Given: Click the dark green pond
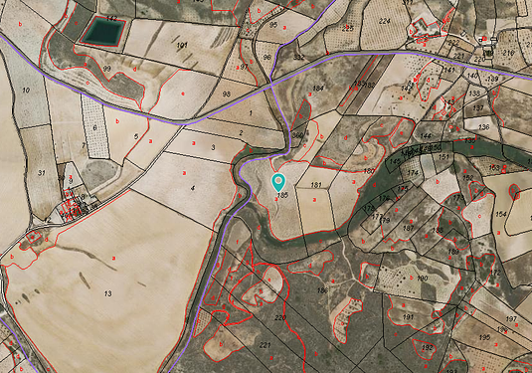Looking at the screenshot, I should tap(101, 32).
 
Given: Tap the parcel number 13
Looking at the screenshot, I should tap(106, 293).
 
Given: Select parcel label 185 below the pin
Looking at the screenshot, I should tap(282, 196).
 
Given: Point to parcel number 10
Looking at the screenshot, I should tap(24, 91).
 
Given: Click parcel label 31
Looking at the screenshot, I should tap(41, 172).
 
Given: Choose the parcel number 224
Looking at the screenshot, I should tap(385, 19).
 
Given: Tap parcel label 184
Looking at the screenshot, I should tap(318, 89).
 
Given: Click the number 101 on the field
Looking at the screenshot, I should tap(182, 47).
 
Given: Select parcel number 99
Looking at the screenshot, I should tap(106, 68).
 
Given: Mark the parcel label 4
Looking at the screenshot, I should tap(193, 186).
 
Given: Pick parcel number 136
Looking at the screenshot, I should tap(483, 127).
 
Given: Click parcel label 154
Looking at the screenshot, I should tap(501, 214).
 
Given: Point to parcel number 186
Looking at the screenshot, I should tap(321, 290).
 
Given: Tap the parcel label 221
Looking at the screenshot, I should tap(265, 345).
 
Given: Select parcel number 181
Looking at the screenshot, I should tap(316, 185).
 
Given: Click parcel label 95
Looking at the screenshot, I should tap(273, 23).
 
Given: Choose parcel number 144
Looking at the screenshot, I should tap(426, 135).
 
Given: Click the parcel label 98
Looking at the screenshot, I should tap(227, 93).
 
